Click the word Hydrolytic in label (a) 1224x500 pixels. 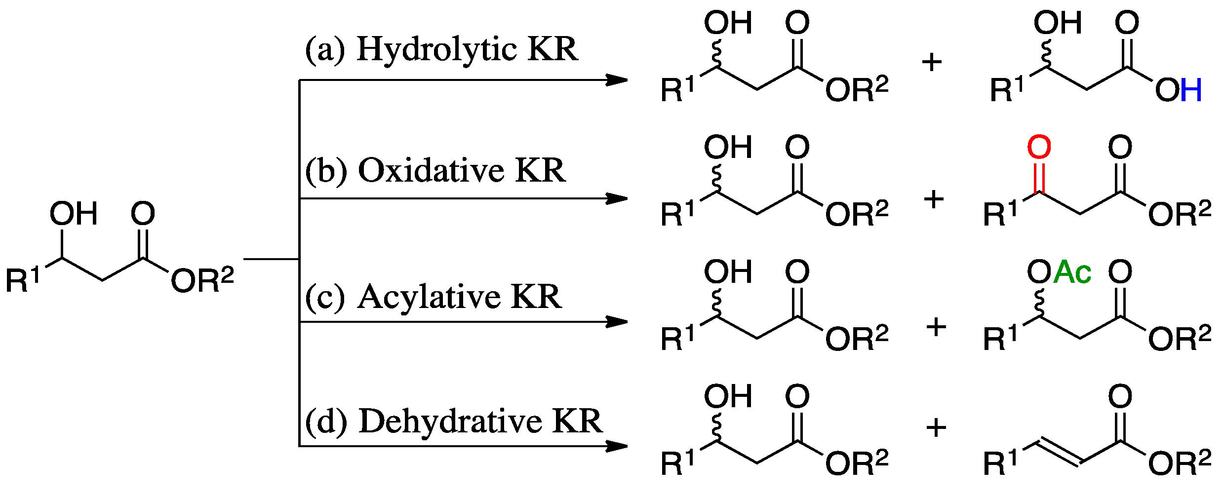436,50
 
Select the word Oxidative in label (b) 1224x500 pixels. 431,171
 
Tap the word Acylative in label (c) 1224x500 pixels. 429,297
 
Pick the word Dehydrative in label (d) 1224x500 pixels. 450,422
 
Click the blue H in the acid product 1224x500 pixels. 1190,90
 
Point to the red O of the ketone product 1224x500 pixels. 1039,147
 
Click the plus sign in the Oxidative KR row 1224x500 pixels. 933,199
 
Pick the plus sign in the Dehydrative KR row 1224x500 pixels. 936,427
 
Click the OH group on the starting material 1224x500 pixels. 74,214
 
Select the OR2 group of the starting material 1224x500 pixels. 202,280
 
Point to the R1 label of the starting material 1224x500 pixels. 22,280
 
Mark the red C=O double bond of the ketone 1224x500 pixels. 1039,177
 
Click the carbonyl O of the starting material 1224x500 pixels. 143,214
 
